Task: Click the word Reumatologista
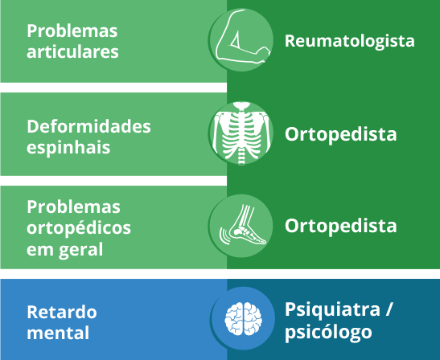pyautogui.click(x=350, y=41)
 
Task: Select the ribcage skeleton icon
pyautogui.click(x=241, y=133)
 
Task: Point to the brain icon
pyautogui.click(x=243, y=318)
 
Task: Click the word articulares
pyautogui.click(x=72, y=52)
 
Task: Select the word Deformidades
pyautogui.click(x=89, y=126)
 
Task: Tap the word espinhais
pyautogui.click(x=68, y=148)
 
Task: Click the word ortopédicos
pyautogui.click(x=79, y=228)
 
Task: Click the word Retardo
pyautogui.click(x=62, y=312)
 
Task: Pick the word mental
pyautogui.click(x=58, y=333)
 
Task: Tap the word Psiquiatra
pyautogui.click(x=332, y=310)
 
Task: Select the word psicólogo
pyautogui.click(x=329, y=333)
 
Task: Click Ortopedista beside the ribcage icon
pyautogui.click(x=341, y=134)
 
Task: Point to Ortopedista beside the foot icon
pyautogui.click(x=341, y=226)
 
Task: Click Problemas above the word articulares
pyautogui.click(x=72, y=31)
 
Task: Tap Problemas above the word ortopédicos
pyautogui.click(x=73, y=207)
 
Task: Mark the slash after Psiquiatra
pyautogui.click(x=388, y=310)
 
